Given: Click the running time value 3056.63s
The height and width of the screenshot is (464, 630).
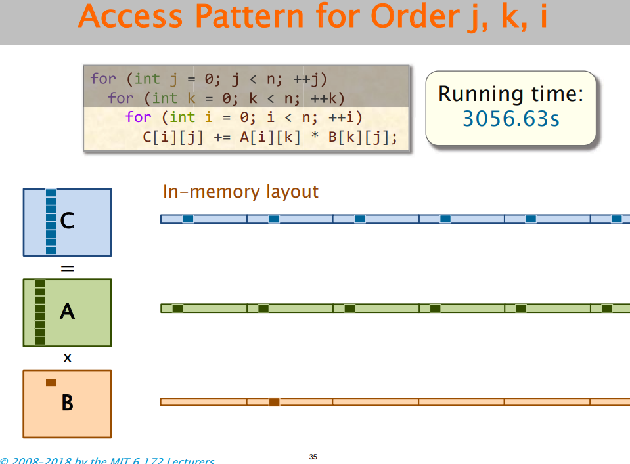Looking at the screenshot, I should (x=510, y=119).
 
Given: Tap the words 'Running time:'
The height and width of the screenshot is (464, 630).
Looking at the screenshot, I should (x=510, y=94).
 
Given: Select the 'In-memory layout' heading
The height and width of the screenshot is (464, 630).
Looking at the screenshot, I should (x=240, y=192).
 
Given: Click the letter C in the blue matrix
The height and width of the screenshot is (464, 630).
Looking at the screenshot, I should (x=67, y=221).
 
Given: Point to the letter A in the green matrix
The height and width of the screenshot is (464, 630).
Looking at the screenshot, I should (x=67, y=311).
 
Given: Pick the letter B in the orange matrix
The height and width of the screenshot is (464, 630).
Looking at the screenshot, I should (x=67, y=403).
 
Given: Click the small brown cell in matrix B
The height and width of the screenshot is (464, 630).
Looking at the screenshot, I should (x=51, y=382).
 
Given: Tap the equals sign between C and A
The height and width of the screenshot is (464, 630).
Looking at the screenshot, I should (x=67, y=268).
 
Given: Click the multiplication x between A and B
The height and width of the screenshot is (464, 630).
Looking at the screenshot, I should (x=67, y=358).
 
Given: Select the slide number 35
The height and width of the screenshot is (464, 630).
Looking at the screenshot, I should (x=313, y=457).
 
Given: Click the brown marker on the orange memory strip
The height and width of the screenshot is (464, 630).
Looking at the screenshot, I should (x=274, y=402).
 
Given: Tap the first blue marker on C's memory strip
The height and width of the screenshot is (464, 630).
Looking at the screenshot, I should (x=188, y=219).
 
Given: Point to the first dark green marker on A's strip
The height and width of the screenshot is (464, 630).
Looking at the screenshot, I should (x=177, y=308).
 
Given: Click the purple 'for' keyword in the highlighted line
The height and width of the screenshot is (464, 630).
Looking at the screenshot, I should (x=138, y=117).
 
